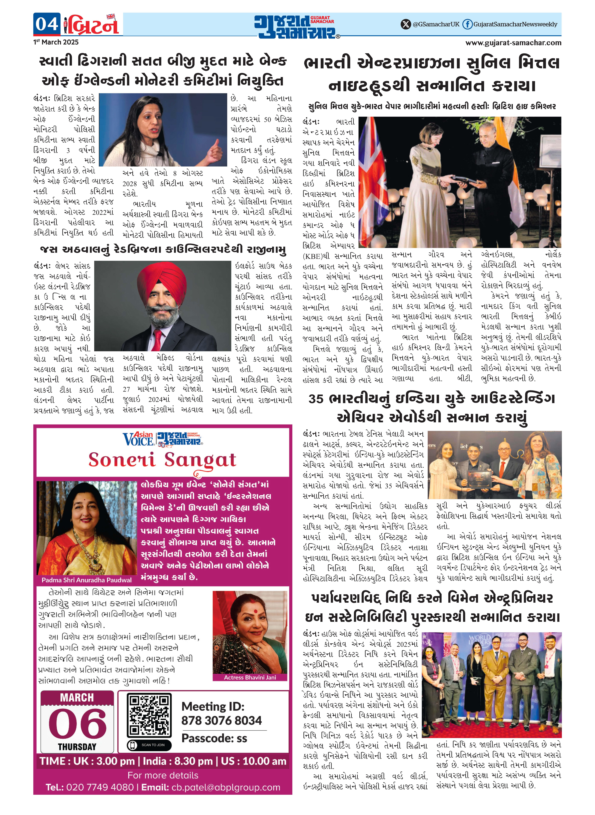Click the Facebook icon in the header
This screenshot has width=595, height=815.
click(x=467, y=24)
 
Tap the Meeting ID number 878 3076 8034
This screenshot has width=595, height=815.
click(x=222, y=721)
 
